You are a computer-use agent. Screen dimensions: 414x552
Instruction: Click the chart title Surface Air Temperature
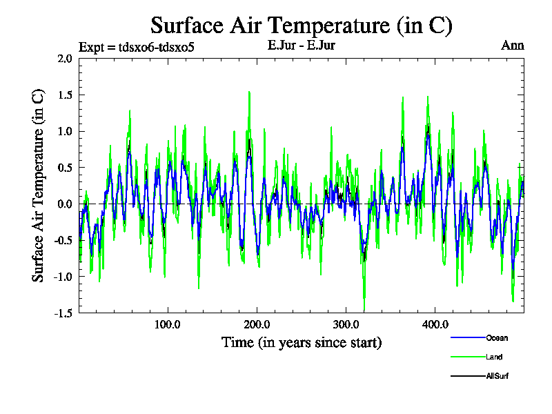click(301, 26)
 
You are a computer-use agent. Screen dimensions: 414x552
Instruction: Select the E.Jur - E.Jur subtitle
click(301, 46)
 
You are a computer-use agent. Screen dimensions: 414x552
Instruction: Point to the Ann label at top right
click(512, 46)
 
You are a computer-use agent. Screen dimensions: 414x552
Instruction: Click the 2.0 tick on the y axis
click(65, 59)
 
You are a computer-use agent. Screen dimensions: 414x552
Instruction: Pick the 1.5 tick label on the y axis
click(65, 95)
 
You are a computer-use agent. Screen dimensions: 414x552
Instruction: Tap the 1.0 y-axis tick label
click(65, 131)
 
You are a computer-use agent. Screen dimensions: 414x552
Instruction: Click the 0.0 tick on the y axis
click(65, 204)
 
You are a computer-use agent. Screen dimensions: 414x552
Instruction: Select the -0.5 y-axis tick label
click(63, 240)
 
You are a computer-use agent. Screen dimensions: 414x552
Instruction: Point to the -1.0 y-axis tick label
click(63, 276)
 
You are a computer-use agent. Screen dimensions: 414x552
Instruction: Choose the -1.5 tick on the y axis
click(63, 313)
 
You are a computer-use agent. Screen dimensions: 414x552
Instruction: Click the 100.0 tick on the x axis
click(167, 324)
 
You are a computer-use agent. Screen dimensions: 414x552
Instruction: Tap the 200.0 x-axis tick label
click(257, 324)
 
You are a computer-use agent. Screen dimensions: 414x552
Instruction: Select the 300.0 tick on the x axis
click(345, 324)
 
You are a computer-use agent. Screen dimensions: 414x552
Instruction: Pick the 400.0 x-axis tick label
click(435, 324)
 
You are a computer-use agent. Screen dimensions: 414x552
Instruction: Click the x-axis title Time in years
click(301, 342)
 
